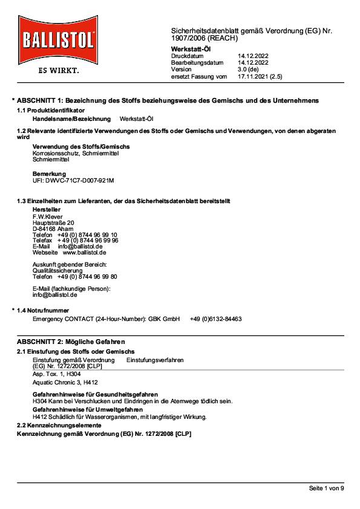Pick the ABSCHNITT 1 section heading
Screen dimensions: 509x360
168,100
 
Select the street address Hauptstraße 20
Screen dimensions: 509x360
53,222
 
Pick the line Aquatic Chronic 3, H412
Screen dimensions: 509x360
65,383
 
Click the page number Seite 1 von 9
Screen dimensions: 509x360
326,488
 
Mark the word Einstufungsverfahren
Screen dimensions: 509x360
155,360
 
